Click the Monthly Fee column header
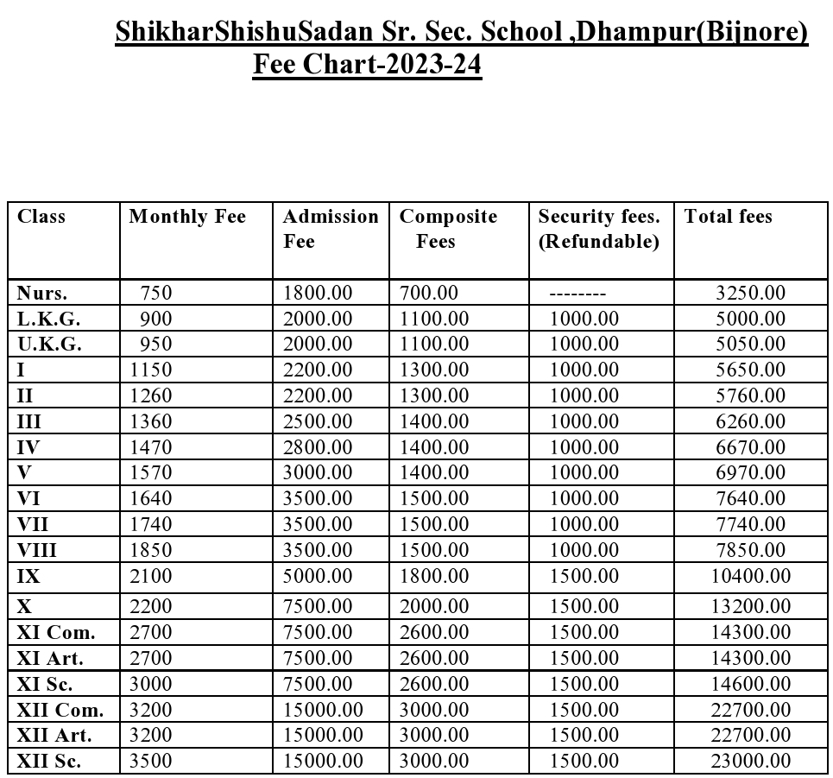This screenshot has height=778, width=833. coord(187,217)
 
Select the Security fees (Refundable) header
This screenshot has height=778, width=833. coord(598,229)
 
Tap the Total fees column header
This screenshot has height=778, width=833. coord(728,217)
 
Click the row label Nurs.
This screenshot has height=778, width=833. coord(42,293)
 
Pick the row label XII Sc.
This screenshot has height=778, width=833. coord(50,761)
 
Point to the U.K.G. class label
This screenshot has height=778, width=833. coord(49,344)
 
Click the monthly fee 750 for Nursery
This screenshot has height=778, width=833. coord(156,293)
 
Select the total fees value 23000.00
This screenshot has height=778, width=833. coord(750,761)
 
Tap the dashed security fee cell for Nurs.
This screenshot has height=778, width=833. coord(577,294)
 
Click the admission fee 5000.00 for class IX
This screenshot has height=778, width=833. coord(318,576)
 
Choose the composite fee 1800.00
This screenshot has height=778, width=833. coord(434,576)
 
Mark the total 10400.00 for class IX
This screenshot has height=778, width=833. coord(750,576)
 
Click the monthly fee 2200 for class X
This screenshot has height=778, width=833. coord(151,607)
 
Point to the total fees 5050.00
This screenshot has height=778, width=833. coord(750,344)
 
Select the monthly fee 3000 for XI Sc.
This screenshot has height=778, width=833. coord(151,684)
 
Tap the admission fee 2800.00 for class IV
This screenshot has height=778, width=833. coord(318,446)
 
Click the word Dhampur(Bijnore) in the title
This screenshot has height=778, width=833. coord(691,32)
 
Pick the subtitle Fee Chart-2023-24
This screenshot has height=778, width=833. coord(367,65)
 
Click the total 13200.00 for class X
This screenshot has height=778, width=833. coord(750,607)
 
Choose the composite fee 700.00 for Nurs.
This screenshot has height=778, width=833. coord(429,293)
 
